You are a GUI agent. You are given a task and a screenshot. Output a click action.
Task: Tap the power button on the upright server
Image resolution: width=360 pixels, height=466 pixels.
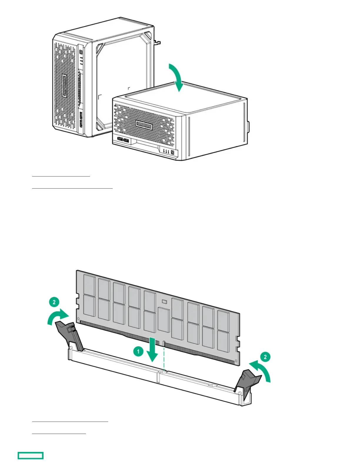(x=81, y=52)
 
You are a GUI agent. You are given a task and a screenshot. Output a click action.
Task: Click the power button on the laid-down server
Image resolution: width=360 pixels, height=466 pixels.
(x=172, y=152)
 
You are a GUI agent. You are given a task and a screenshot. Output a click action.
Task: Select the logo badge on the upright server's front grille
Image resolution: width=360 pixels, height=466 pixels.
(x=64, y=86)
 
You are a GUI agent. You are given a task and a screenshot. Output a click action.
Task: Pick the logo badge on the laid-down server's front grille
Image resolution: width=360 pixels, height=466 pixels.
(x=144, y=125)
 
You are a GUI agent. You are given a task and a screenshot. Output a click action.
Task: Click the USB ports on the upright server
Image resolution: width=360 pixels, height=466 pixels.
(x=81, y=119)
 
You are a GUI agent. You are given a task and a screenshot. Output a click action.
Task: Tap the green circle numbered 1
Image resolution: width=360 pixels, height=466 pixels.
(x=138, y=351)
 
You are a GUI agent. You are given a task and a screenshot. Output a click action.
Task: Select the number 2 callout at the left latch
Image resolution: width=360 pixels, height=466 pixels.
(x=54, y=302)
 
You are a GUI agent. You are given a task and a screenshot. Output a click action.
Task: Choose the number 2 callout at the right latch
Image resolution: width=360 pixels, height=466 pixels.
(x=265, y=357)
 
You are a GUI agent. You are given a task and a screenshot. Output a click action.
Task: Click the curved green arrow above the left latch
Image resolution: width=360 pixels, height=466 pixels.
(x=58, y=317)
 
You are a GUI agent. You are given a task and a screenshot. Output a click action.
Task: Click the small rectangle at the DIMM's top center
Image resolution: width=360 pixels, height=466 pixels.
(x=164, y=302)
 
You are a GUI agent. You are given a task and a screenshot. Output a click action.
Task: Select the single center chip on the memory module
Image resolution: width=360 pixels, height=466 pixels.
(x=164, y=320)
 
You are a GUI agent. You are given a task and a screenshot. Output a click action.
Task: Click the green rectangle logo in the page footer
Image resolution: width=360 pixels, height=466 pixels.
(x=31, y=455)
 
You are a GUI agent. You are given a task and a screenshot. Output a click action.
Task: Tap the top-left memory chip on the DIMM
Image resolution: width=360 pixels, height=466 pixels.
(x=89, y=285)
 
